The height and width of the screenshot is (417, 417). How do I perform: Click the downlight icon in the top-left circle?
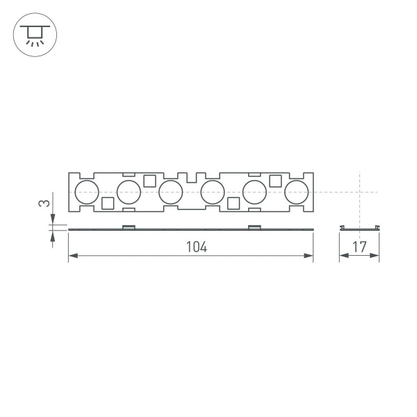[35, 33]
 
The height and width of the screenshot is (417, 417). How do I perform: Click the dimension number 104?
[197, 247]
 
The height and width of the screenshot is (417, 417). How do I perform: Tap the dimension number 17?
[359, 247]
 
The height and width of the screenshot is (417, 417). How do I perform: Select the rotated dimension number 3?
[44, 204]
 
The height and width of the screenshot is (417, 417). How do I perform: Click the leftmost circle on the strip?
[87, 192]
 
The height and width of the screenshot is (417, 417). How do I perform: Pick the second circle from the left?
[129, 192]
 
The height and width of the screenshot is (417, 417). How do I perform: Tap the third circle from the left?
[170, 192]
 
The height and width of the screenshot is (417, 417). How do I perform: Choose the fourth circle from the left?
[213, 192]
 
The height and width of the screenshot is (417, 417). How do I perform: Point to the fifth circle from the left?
[254, 192]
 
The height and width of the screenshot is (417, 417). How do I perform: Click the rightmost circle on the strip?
[296, 192]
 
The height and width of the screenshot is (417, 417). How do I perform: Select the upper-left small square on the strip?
[149, 181]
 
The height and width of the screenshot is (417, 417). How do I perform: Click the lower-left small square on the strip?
[108, 203]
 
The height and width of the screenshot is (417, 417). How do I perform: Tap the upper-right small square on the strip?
[275, 181]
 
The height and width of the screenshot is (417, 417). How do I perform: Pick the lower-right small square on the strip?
[234, 203]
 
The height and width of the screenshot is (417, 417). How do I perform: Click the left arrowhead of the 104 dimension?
[72, 256]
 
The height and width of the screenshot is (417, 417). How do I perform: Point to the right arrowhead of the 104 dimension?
[310, 256]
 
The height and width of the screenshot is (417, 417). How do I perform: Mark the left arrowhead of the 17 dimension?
[343, 256]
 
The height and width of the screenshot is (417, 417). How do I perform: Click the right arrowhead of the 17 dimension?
[376, 256]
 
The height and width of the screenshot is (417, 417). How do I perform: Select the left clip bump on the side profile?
[129, 227]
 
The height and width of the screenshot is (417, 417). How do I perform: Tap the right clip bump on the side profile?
[254, 227]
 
